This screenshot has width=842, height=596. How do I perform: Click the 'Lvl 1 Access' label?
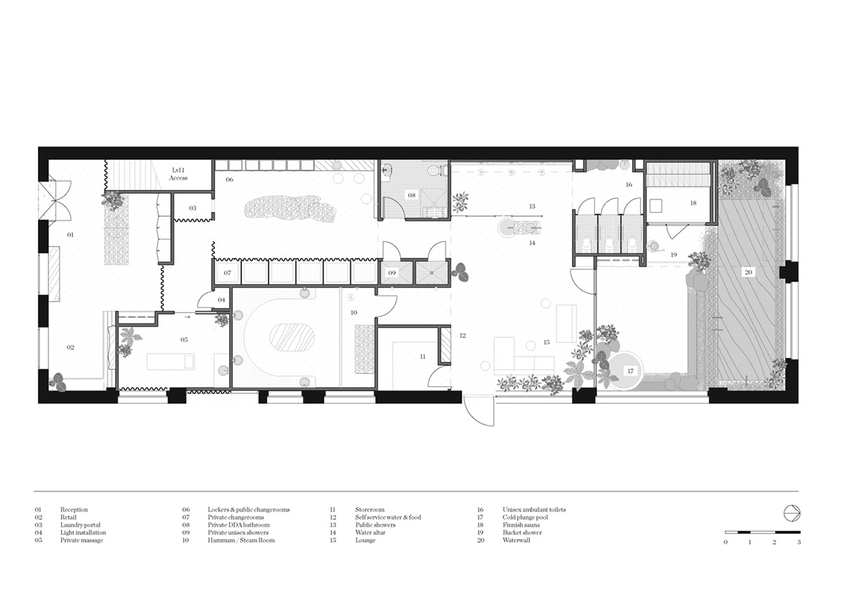(x=178, y=174)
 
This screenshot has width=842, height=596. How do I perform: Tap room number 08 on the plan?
(x=412, y=195)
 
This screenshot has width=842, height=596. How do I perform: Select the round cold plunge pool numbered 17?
(x=625, y=371)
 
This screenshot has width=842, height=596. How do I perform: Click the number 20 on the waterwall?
(x=748, y=272)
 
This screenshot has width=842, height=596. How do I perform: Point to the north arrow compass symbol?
(x=791, y=514)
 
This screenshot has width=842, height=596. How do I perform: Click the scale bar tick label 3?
(x=798, y=542)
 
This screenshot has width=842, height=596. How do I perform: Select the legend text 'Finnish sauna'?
(x=521, y=525)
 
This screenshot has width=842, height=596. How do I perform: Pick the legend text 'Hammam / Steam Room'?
(x=241, y=541)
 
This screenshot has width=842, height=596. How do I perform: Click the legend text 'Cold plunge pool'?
(x=525, y=517)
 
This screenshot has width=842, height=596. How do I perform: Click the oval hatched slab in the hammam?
(x=292, y=338)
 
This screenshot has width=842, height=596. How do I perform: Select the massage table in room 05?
(x=171, y=362)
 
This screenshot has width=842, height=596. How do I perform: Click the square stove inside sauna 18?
(x=656, y=206)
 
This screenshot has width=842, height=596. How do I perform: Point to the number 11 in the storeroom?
(x=422, y=357)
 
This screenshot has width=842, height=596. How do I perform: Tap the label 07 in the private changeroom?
(x=227, y=273)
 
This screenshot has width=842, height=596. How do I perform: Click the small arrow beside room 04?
(x=187, y=317)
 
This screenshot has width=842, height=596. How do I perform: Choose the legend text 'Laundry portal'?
(x=80, y=525)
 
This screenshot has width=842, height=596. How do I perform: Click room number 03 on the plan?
(x=192, y=208)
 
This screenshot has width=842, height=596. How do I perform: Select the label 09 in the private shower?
(x=392, y=273)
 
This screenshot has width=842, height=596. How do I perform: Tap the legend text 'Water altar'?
(x=370, y=532)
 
